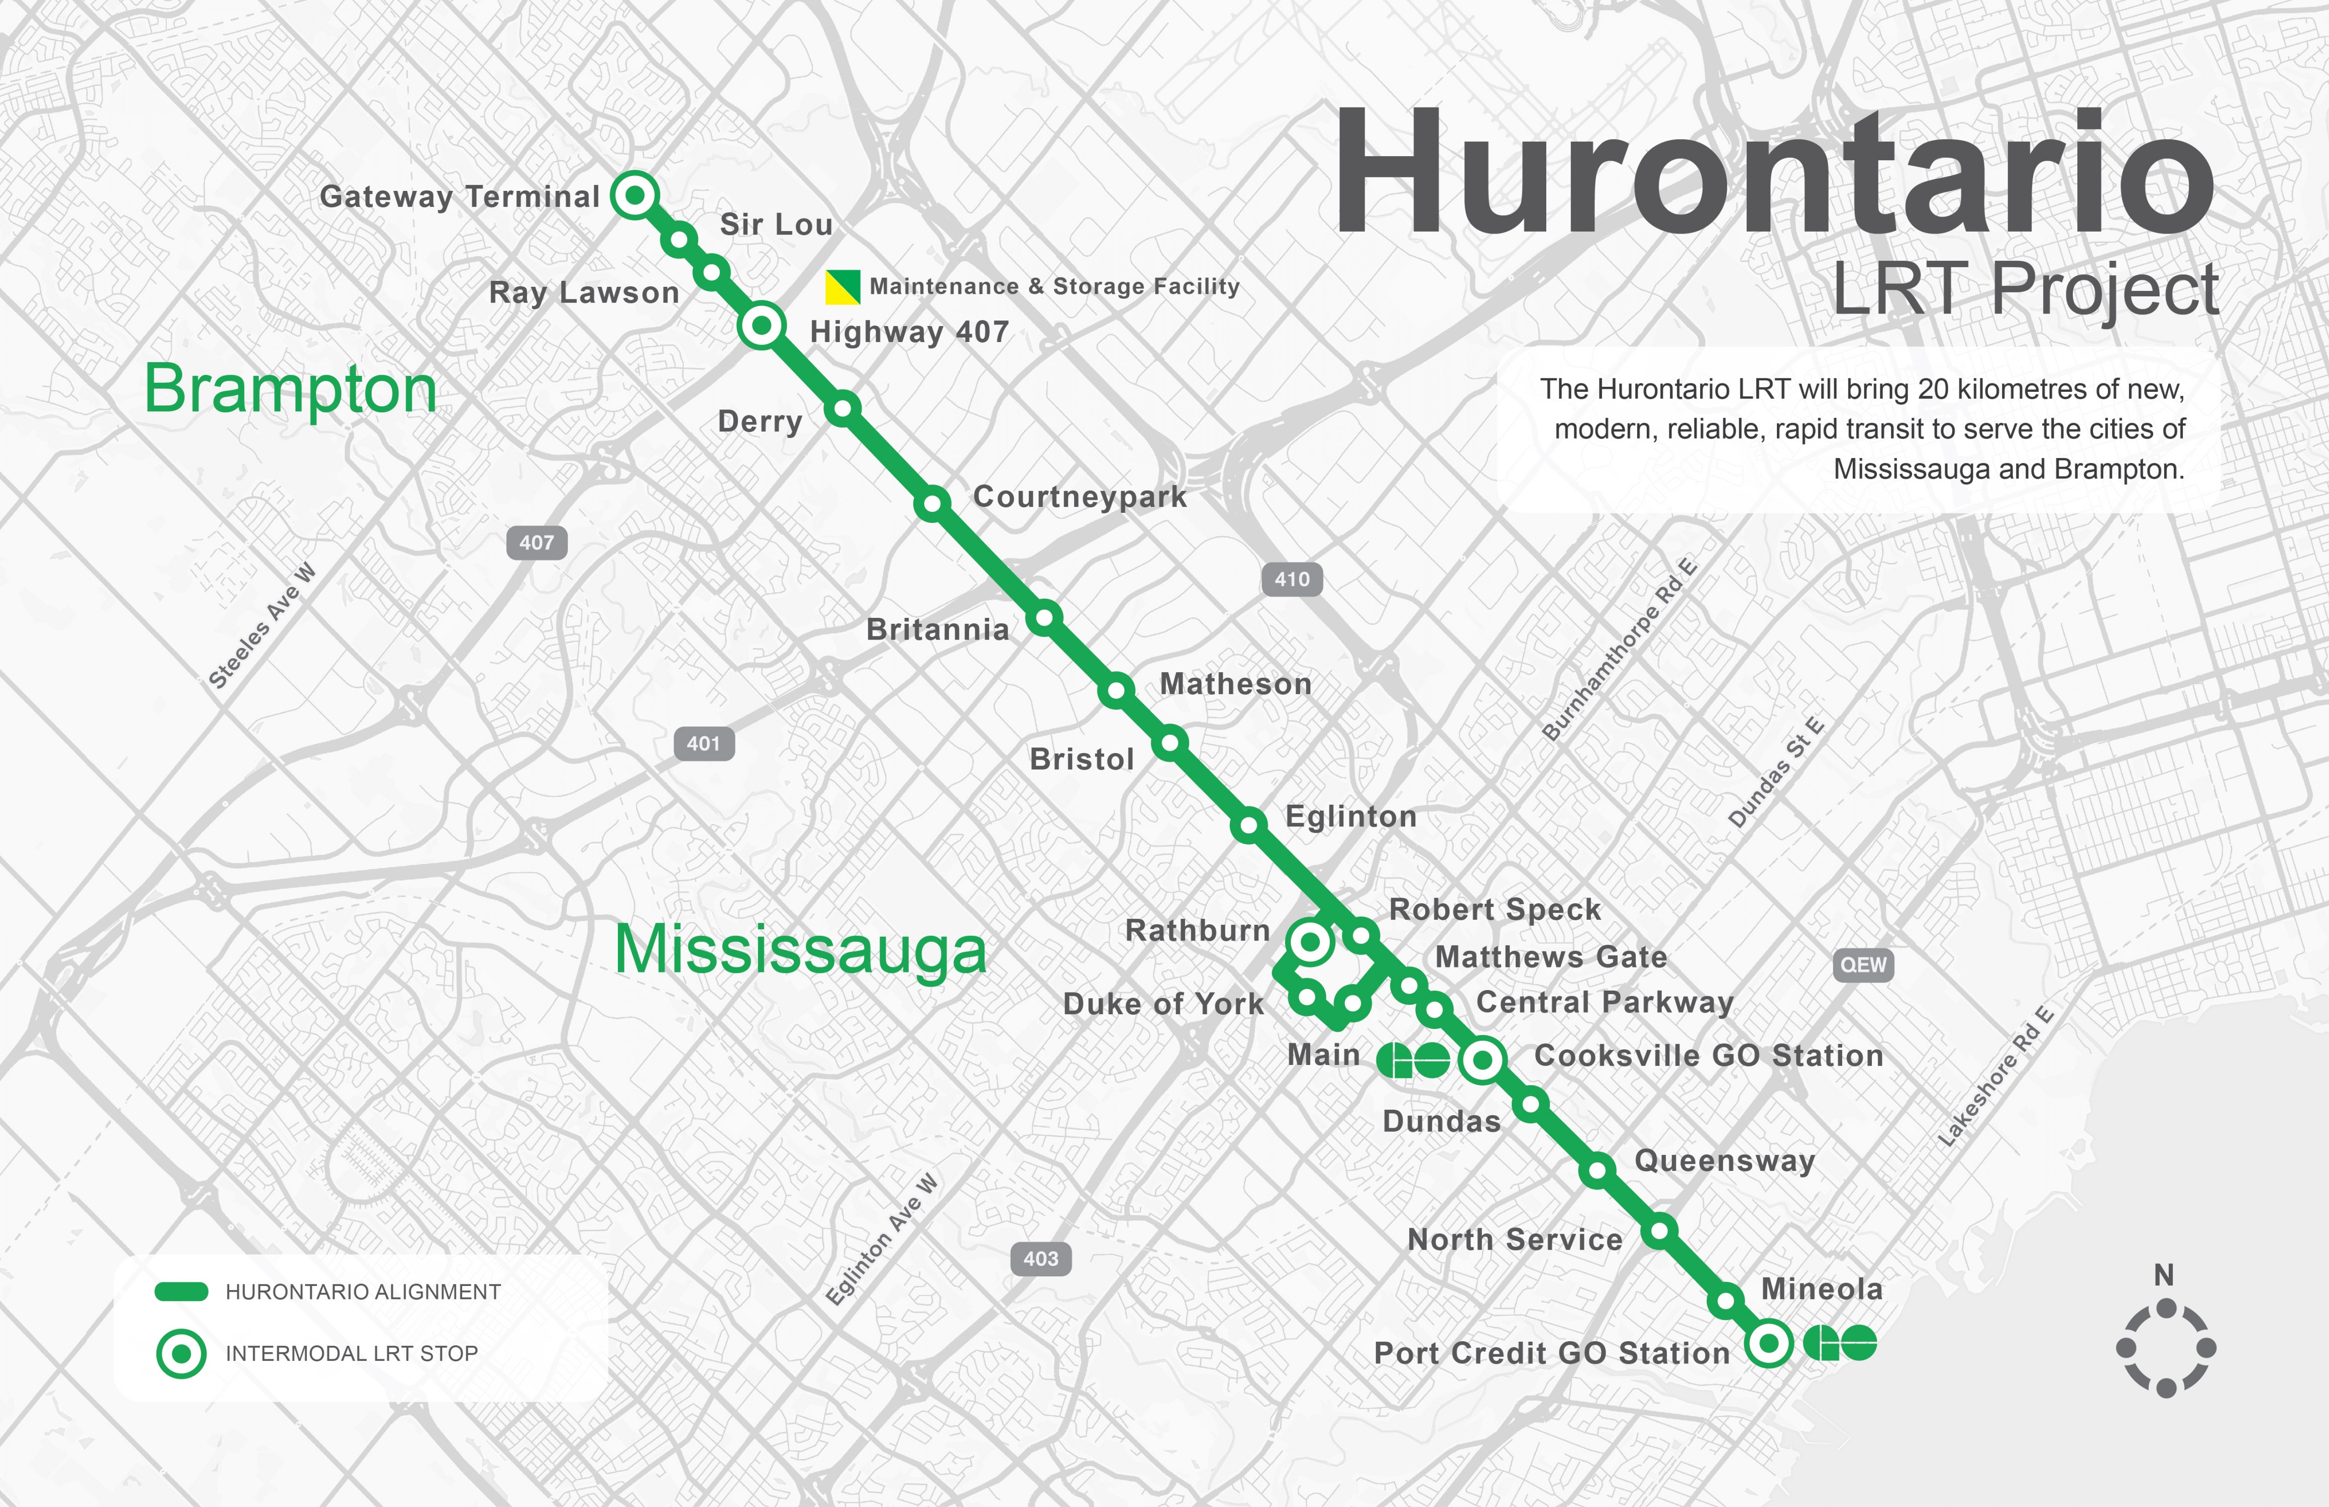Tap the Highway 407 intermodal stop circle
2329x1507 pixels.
coord(761,326)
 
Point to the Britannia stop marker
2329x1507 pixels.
coord(1044,617)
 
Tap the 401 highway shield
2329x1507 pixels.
coord(704,744)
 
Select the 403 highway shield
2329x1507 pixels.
coord(1040,1258)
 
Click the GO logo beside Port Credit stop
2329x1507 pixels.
coord(1840,1343)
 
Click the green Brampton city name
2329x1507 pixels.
coord(290,389)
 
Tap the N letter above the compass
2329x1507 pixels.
coord(2164,1275)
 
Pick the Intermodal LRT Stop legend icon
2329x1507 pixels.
coord(181,1353)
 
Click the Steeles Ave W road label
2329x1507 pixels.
coord(262,626)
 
